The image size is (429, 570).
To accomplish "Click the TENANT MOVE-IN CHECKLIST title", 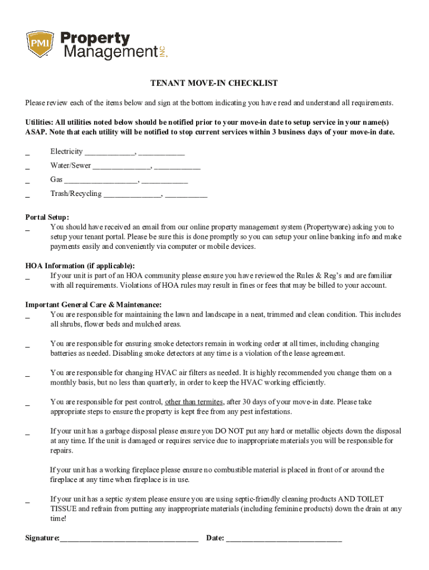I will [214, 83].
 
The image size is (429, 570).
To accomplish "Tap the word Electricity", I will [66, 151].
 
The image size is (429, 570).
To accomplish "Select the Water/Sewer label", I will [71, 165].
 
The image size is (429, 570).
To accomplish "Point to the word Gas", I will [56, 179].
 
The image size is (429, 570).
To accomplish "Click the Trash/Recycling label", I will [76, 194].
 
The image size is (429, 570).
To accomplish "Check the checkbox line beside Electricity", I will [28, 154].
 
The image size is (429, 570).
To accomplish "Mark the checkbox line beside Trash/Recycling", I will [28, 196].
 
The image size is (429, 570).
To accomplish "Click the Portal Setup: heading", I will [47, 218].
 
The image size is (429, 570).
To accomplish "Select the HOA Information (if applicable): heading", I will [80, 266].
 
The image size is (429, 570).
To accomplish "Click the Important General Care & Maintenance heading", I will [94, 304].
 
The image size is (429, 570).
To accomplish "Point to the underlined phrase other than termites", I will [194, 402].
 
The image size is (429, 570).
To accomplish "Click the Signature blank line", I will [129, 539].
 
